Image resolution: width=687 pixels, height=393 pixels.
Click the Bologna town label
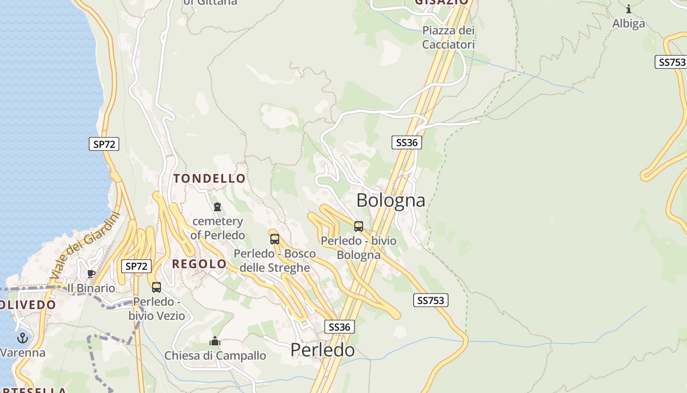pos(391,200)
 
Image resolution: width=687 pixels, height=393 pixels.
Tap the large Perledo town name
pos(322,350)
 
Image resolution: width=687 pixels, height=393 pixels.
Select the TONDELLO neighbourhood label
pos(210,178)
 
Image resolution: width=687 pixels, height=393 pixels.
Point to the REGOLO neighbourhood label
pos(199,264)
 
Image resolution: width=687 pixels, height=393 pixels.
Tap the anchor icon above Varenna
pos(23,338)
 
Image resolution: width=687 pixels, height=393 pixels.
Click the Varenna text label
pos(23,353)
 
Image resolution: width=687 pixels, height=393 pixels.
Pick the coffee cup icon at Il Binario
pos(91,274)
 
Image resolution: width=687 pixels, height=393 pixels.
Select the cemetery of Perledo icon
pos(217,207)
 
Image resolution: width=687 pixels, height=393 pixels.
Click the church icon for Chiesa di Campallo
pos(215,341)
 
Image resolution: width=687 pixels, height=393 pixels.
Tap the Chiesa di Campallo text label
pos(215,356)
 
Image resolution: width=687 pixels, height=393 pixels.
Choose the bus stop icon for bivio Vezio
pos(157,287)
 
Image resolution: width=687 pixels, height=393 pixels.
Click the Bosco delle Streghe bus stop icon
pos(275,239)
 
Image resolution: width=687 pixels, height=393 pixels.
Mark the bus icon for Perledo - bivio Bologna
pos(359,226)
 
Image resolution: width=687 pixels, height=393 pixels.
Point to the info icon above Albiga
pos(629,9)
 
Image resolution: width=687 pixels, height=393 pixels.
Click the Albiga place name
pos(629,24)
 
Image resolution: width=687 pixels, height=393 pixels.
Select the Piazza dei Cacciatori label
pos(449,38)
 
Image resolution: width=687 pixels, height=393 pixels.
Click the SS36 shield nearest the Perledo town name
pos(340,327)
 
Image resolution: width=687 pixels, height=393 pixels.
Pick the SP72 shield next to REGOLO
pos(136,266)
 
